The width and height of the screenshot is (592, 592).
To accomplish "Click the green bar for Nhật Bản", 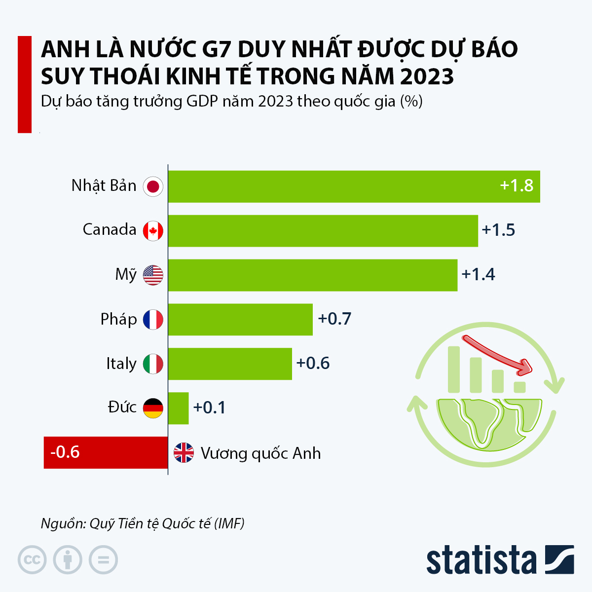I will pyautogui.click(x=354, y=186).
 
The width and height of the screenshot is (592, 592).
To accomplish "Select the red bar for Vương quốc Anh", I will pyautogui.click(x=106, y=452).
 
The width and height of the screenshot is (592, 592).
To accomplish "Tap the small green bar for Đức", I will pyautogui.click(x=178, y=408).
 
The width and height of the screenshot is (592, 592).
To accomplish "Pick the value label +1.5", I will pyautogui.click(x=498, y=230).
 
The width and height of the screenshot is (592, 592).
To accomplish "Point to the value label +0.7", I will pyautogui.click(x=334, y=319).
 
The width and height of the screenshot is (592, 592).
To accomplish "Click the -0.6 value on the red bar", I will pyautogui.click(x=65, y=452).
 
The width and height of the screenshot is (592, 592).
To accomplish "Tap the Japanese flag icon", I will pyautogui.click(x=153, y=186).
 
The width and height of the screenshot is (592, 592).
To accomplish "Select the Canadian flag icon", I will pyautogui.click(x=153, y=230).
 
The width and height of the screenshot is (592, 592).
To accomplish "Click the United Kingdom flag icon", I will pyautogui.click(x=184, y=452).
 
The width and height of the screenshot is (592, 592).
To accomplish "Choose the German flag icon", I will pyautogui.click(x=153, y=408).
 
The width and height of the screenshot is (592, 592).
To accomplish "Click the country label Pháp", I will pyautogui.click(x=118, y=319).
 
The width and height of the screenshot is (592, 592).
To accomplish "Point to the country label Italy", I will pyautogui.click(x=121, y=364).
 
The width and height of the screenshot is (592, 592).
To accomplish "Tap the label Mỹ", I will pyautogui.click(x=125, y=274).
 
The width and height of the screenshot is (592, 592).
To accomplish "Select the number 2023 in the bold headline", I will pyautogui.click(x=427, y=76).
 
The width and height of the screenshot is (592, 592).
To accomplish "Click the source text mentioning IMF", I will pyautogui.click(x=143, y=523).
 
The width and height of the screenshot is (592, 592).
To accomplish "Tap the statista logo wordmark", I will pyautogui.click(x=481, y=560).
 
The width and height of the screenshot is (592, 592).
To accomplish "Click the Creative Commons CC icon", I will pyautogui.click(x=32, y=560).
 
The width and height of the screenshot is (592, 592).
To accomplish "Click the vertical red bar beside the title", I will pyautogui.click(x=25, y=84).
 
